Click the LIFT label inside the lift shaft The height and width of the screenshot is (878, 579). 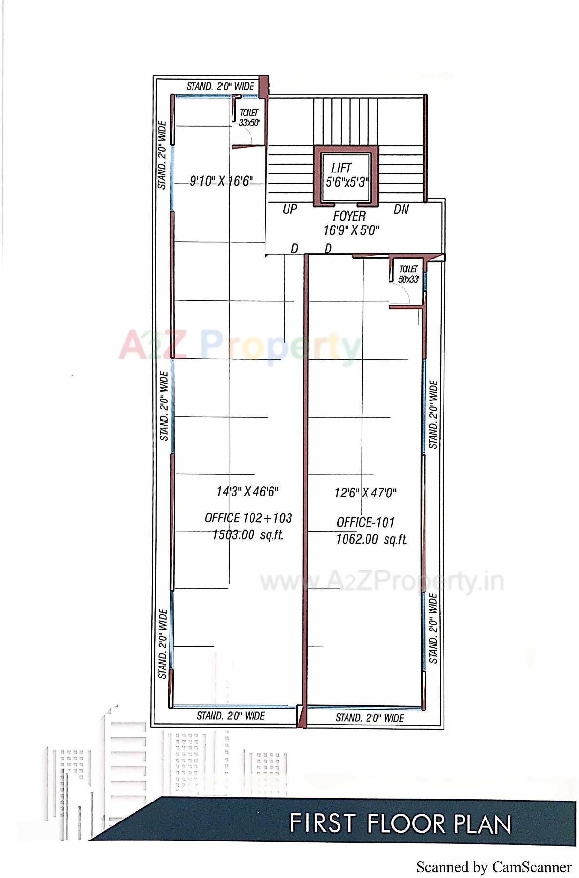click(341, 168)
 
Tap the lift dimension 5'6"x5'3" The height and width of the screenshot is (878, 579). click(347, 182)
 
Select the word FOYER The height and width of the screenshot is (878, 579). click(349, 216)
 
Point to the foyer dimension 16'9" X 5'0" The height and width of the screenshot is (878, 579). click(351, 230)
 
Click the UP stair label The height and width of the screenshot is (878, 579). click(289, 210)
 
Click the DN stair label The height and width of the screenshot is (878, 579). click(401, 210)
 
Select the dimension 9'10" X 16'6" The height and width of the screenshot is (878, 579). click(221, 181)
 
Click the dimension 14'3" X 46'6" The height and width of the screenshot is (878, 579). click(248, 491)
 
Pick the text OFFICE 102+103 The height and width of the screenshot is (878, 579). click(248, 518)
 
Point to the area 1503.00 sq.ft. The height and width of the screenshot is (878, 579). click(248, 535)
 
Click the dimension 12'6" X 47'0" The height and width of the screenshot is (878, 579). click(365, 493)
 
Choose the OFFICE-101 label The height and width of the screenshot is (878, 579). click(366, 523)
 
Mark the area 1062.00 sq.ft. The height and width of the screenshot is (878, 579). click(371, 540)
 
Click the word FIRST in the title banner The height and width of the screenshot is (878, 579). click(322, 823)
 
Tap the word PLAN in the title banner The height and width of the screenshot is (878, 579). click(482, 824)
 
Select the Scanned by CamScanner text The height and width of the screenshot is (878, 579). click(493, 867)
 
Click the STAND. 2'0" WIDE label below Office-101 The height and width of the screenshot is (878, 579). click(369, 718)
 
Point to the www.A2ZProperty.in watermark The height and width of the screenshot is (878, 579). click(382, 581)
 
